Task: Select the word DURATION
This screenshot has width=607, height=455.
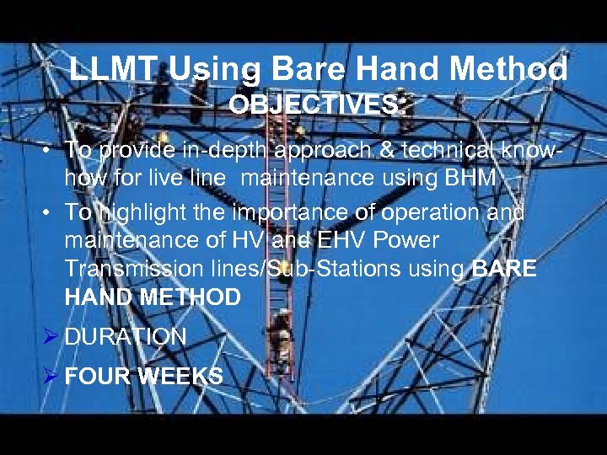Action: click(126, 337)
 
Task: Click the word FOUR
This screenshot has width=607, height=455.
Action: click(96, 376)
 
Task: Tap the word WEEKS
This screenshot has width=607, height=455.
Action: click(180, 376)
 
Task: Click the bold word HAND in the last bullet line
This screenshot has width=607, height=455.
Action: click(94, 297)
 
